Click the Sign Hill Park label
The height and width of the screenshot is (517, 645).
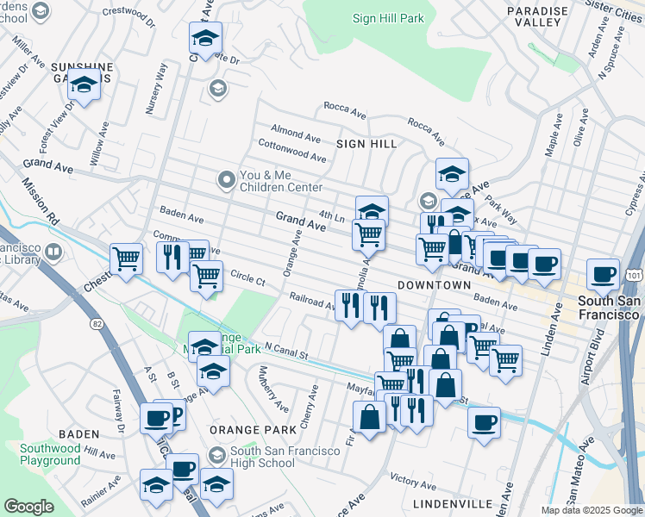(x=388, y=18)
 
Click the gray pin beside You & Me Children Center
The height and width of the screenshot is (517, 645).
(x=227, y=179)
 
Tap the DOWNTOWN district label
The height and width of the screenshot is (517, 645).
(x=434, y=285)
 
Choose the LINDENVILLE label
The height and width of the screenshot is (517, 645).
(x=452, y=502)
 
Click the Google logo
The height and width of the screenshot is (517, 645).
(x=28, y=507)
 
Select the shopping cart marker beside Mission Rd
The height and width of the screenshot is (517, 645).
(x=126, y=258)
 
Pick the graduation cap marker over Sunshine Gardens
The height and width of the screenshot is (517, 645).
(x=84, y=85)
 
